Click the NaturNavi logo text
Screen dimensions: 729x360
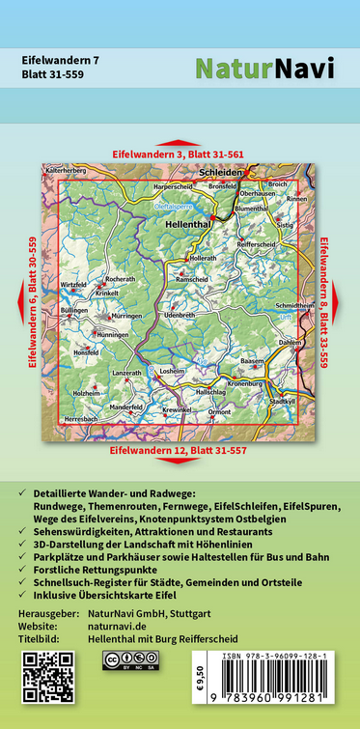[x=264, y=69]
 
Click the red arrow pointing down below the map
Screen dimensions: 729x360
[x=180, y=462]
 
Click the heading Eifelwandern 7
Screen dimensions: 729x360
[x=60, y=60]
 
